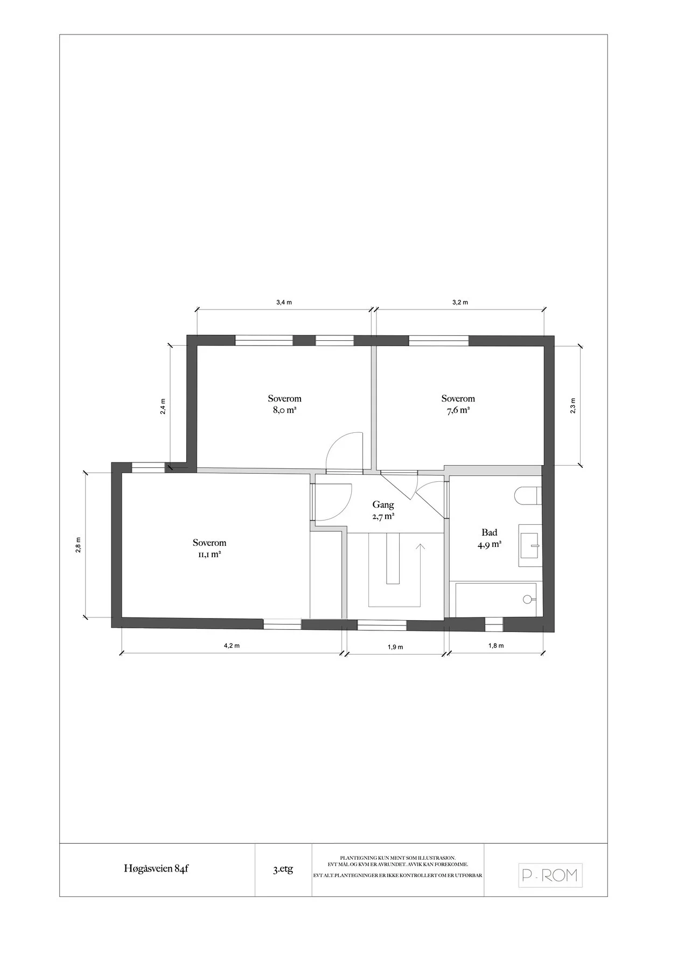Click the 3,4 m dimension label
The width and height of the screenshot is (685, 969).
(284, 303)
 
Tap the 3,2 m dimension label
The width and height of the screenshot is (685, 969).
(460, 303)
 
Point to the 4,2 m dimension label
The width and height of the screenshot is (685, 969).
(232, 647)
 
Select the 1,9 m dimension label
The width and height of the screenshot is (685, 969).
(395, 647)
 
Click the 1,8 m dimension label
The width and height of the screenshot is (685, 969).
(496, 646)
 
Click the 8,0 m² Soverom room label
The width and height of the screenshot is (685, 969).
(285, 404)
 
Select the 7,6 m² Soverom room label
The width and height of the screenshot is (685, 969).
(458, 404)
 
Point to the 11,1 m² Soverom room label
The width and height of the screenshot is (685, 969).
(209, 549)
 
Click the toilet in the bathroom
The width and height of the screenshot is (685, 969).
(527, 496)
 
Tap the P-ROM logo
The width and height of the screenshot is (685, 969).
(550, 875)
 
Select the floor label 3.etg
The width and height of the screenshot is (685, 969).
(283, 869)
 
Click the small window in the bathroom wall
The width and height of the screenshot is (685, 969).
(494, 624)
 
